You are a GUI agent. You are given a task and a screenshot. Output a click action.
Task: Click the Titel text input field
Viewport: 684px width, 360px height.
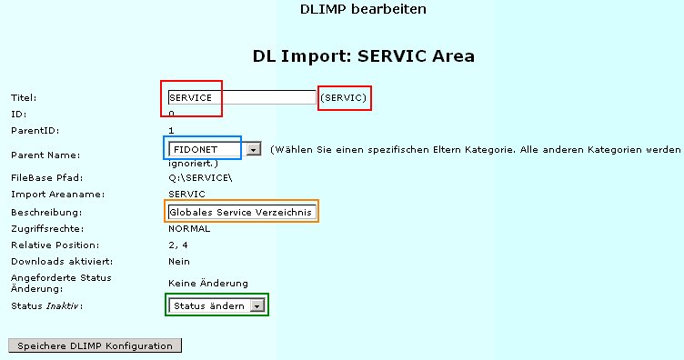[241, 97]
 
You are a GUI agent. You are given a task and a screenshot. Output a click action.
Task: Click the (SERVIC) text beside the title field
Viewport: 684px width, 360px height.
[346, 97]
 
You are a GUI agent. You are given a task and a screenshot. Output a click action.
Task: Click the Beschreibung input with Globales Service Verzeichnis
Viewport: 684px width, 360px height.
[241, 212]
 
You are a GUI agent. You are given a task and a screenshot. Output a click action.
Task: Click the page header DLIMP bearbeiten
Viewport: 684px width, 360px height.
[349, 10]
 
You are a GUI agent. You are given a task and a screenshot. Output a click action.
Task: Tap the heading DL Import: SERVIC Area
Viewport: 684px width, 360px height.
[363, 56]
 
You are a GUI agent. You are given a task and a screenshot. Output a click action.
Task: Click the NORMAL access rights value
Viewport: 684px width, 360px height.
[189, 228]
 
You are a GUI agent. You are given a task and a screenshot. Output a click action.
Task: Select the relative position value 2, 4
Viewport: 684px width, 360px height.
[178, 245]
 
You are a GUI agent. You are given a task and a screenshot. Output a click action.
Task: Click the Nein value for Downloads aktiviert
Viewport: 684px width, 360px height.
[178, 261]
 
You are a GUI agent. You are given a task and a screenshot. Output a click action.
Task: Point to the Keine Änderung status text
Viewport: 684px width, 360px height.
[207, 284]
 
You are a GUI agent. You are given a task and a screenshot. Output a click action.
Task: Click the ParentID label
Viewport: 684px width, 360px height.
[31, 131]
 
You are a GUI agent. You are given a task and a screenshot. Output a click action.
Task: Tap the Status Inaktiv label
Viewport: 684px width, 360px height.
[45, 306]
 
